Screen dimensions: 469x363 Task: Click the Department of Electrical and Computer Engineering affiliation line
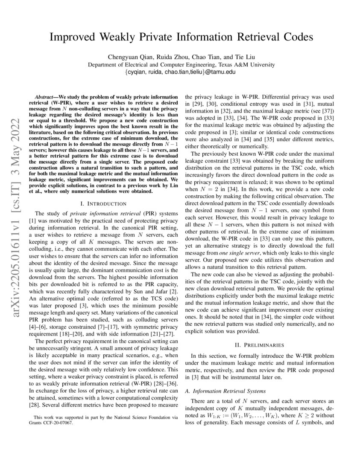181,65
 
